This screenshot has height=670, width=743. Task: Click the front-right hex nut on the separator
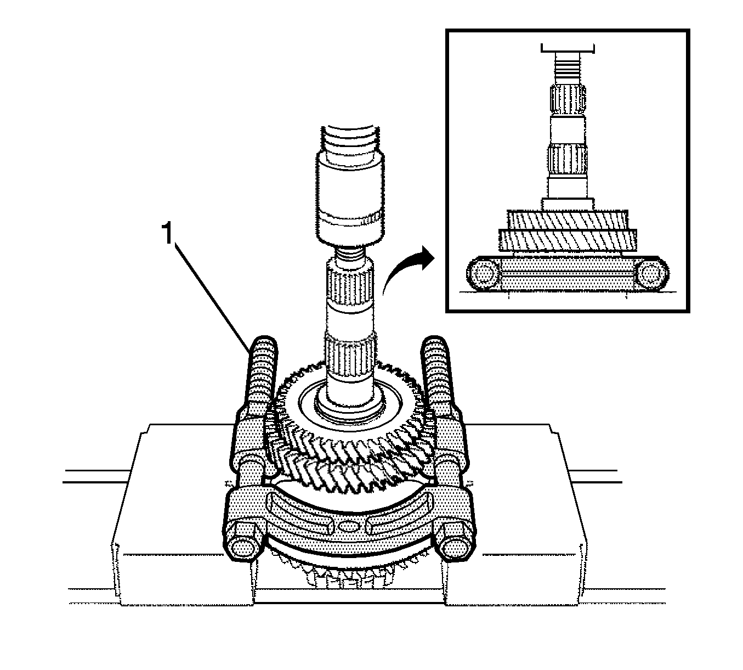point(453,546)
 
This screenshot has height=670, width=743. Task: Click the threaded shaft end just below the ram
point(349,254)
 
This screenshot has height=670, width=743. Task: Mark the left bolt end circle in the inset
point(484,273)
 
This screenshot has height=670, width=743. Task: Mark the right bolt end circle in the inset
point(650,273)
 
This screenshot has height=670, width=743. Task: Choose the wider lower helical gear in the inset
point(567,240)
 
